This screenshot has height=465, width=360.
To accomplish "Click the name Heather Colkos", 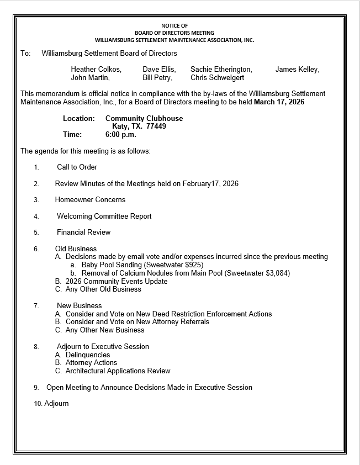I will [x=96, y=70].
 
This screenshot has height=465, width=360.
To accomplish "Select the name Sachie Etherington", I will [x=221, y=70].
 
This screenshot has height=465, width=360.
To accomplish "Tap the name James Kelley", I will [x=297, y=70].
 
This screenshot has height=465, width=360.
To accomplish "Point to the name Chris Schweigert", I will [x=217, y=78].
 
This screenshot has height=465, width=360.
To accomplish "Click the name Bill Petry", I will [x=157, y=78].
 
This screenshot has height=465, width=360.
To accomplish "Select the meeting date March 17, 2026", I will [x=279, y=102].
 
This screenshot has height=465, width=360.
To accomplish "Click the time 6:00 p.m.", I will [x=120, y=134].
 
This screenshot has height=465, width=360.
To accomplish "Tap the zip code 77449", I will [x=156, y=126].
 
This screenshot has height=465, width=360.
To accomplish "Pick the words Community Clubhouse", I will [x=144, y=119].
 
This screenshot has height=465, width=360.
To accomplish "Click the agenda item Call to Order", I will [x=77, y=167].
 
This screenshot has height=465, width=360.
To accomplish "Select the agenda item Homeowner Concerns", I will [x=90, y=200].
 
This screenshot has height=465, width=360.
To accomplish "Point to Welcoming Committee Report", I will [x=104, y=216].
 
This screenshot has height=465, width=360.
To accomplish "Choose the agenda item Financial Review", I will [x=83, y=232].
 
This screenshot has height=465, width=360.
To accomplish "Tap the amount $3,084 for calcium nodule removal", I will [x=276, y=273].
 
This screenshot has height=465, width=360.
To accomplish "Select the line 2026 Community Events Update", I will [x=116, y=282].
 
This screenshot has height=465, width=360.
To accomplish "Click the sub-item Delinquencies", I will [x=88, y=355].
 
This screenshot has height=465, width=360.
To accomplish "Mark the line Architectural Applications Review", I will [x=118, y=371].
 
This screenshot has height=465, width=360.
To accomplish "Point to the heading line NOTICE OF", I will [x=174, y=26].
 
